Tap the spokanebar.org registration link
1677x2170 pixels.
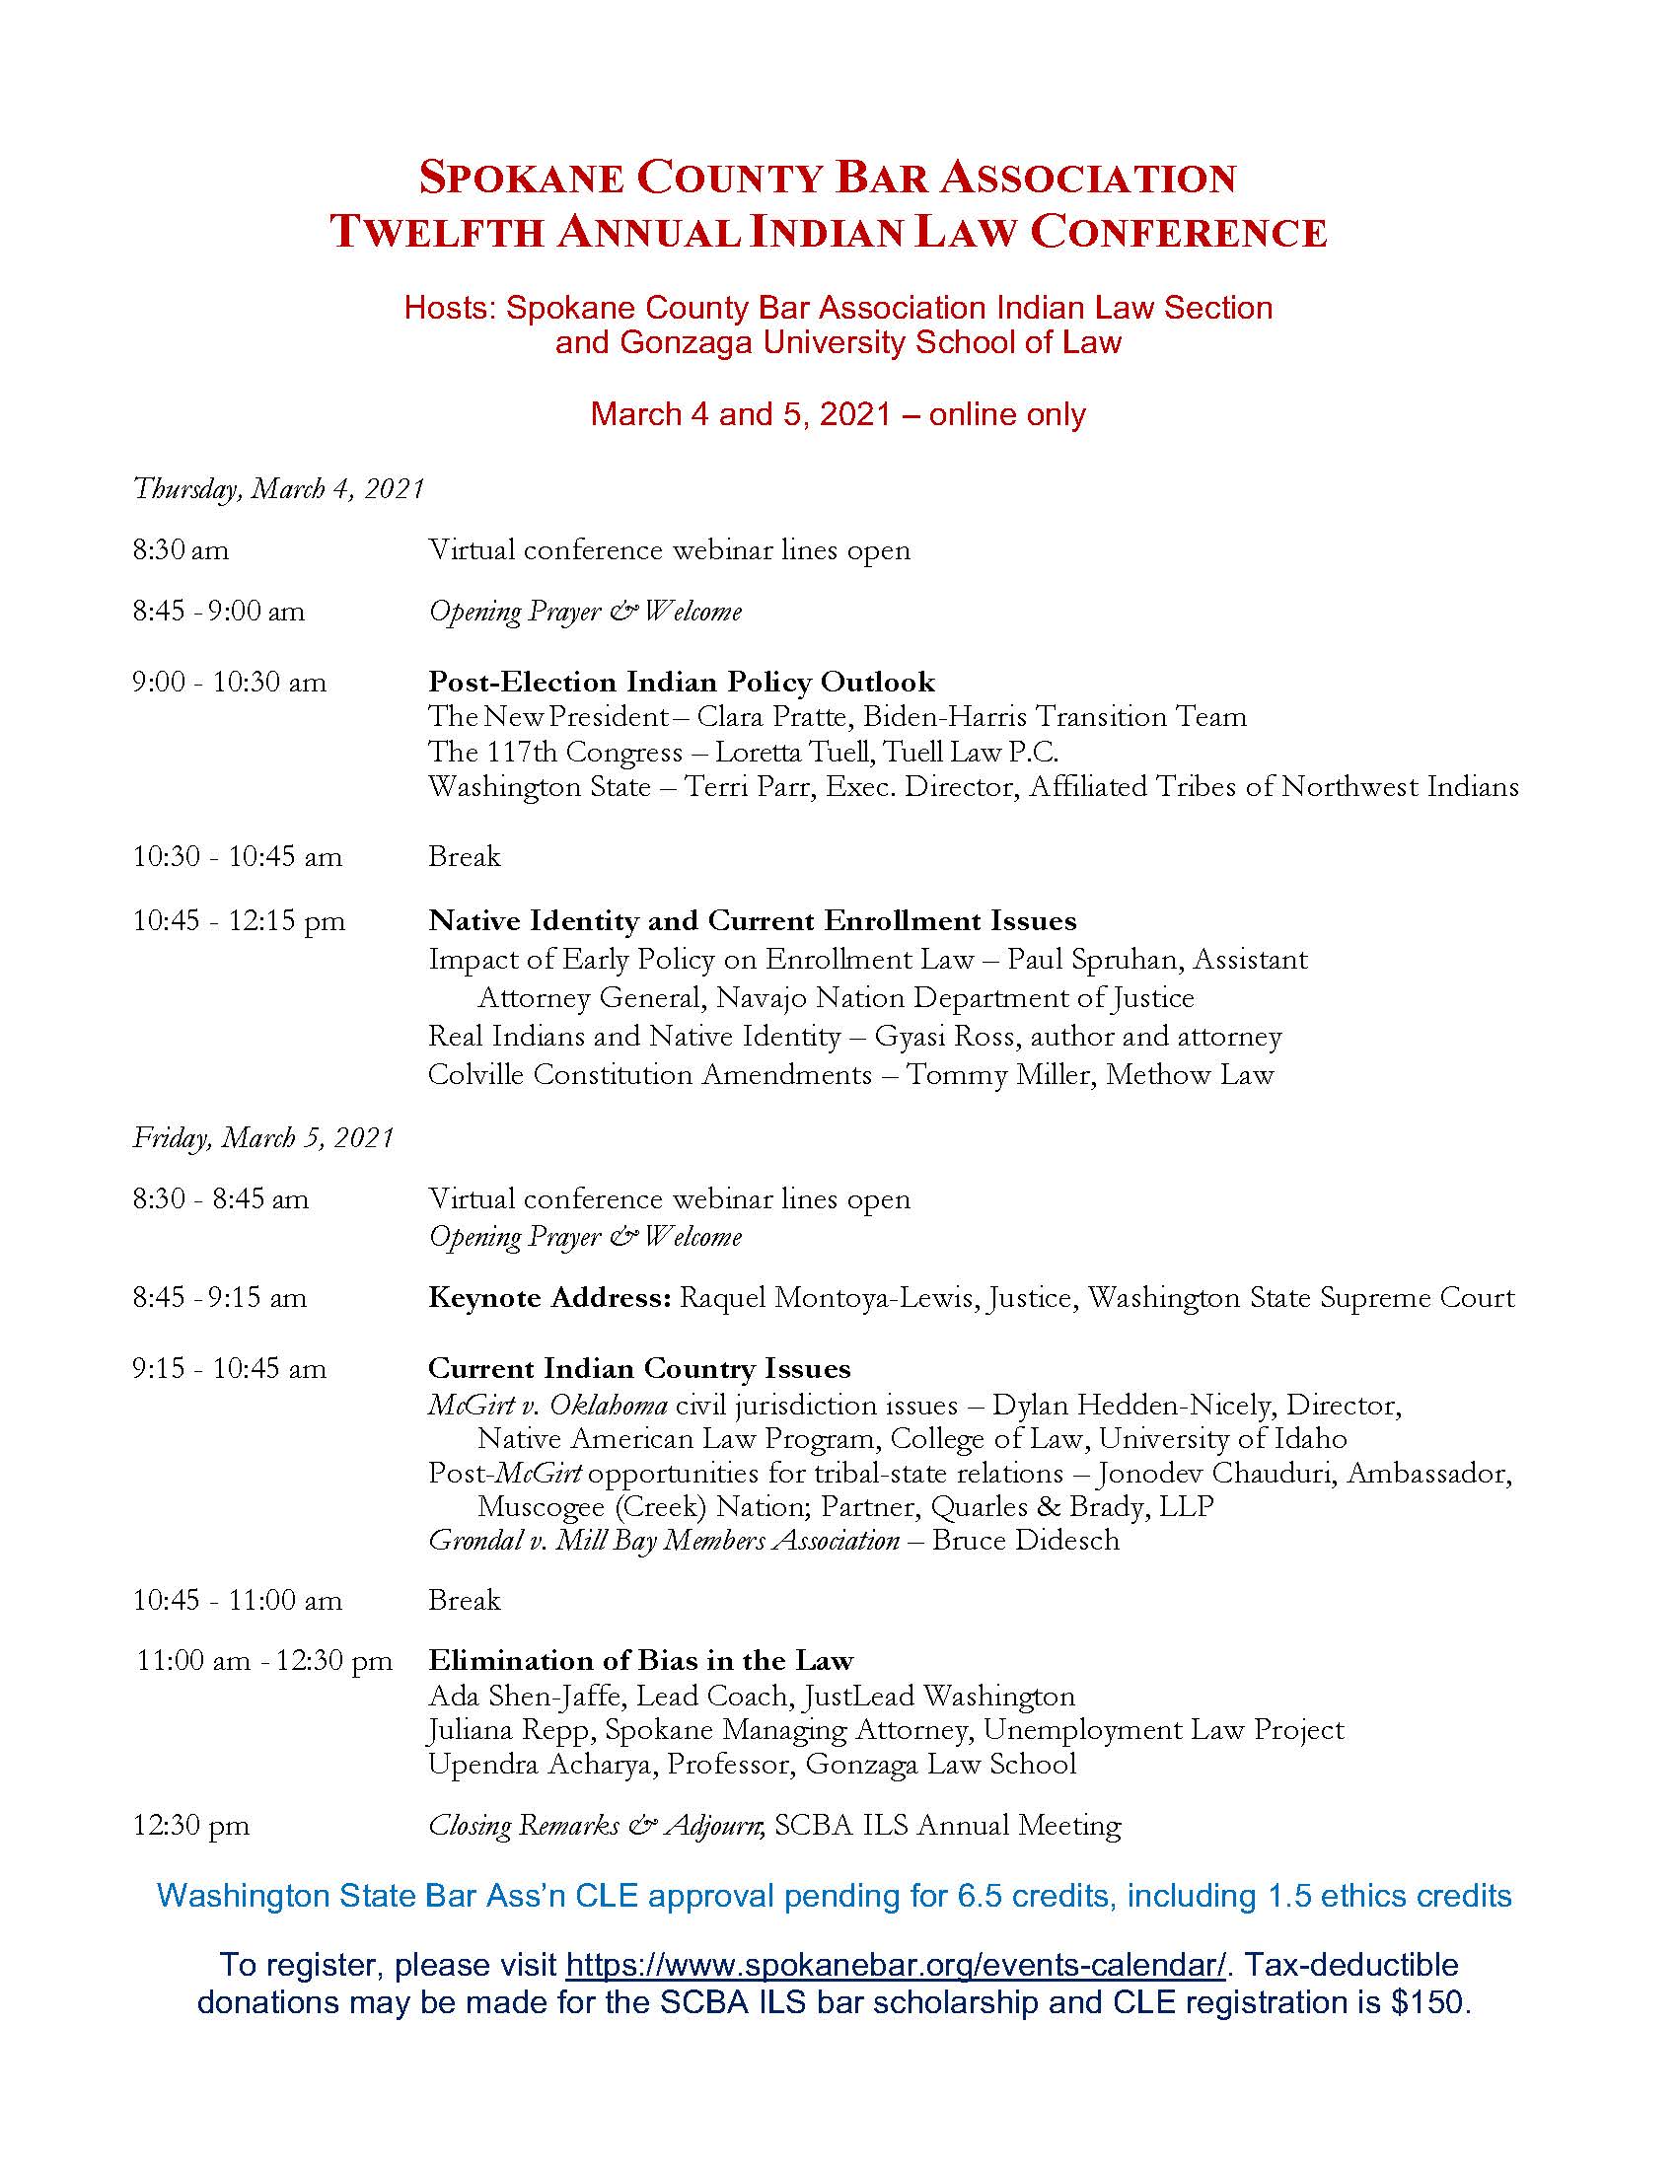coord(895,1964)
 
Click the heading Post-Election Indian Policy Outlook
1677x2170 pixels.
coord(681,682)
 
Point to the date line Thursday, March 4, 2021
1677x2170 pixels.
coord(278,489)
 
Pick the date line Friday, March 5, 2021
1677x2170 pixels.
coord(263,1137)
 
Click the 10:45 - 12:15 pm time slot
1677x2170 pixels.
coord(239,921)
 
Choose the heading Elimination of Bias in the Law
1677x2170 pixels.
coord(641,1660)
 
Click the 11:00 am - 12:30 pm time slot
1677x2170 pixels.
coord(264,1660)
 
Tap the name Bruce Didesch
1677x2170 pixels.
coord(1025,1540)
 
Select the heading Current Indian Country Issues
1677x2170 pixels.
coord(639,1368)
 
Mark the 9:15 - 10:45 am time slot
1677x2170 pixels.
coord(230,1369)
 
